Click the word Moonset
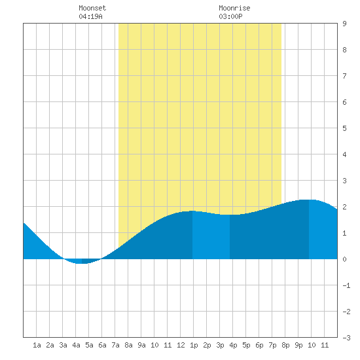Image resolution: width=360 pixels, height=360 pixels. pyautogui.click(x=92, y=8)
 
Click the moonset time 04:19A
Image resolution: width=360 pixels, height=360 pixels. pyautogui.click(x=90, y=16)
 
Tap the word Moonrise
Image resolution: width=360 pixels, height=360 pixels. pyautogui.click(x=234, y=8)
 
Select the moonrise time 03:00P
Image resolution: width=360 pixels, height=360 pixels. pyautogui.click(x=230, y=16)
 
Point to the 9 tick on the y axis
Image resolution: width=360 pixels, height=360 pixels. pyautogui.click(x=344, y=24)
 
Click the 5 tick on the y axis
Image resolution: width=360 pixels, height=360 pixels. pyautogui.click(x=344, y=128)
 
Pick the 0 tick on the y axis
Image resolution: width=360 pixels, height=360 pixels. pyautogui.click(x=344, y=259)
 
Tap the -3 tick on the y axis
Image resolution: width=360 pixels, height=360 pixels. pyautogui.click(x=346, y=338)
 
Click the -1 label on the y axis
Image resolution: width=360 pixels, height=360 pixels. pyautogui.click(x=346, y=285)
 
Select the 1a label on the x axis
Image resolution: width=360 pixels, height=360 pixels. pyautogui.click(x=37, y=345)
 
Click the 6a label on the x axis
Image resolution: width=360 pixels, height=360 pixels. pyautogui.click(x=102, y=345)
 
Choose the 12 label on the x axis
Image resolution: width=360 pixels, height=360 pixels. pyautogui.click(x=181, y=345)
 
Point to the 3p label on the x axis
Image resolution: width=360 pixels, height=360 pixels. pyautogui.click(x=220, y=345)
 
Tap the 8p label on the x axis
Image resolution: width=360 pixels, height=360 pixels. pyautogui.click(x=285, y=345)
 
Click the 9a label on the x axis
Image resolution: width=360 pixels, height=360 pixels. pyautogui.click(x=141, y=345)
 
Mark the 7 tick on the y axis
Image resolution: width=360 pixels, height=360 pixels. pyautogui.click(x=344, y=76)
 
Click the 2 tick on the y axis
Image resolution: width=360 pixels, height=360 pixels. pyautogui.click(x=344, y=207)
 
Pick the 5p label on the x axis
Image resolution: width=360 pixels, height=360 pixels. pyautogui.click(x=246, y=345)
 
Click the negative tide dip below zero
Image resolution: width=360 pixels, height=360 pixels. pyautogui.click(x=82, y=261)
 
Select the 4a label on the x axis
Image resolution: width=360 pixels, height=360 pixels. pyautogui.click(x=76, y=345)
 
